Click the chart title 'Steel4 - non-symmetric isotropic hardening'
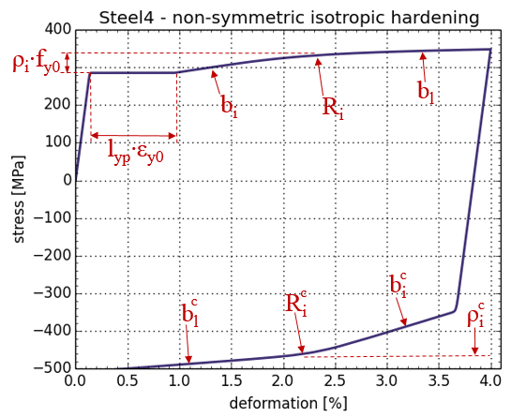(289, 18)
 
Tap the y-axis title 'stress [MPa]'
(19, 199)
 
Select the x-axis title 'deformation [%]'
(289, 403)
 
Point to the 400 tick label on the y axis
(58, 30)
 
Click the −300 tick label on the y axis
(53, 293)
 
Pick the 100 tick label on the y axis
(58, 142)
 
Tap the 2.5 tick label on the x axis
(336, 380)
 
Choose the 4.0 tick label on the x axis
(490, 380)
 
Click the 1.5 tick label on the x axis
(232, 380)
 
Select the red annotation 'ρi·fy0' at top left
(37, 63)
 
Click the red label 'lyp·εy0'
(136, 154)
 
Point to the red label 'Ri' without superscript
(333, 108)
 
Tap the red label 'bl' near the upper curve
(426, 92)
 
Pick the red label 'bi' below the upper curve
(229, 106)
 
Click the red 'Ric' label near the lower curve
(296, 305)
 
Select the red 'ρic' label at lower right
(475, 316)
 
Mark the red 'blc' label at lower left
(189, 314)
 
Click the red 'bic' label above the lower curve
(398, 286)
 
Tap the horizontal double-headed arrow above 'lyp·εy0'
(133, 136)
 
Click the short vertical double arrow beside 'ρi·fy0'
(68, 63)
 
